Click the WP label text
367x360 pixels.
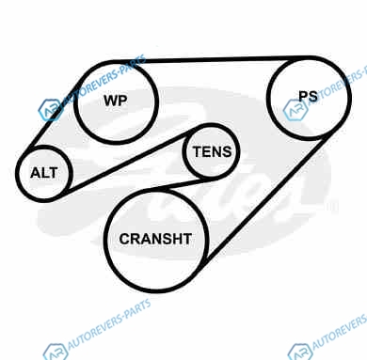116,101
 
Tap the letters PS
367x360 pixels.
308,96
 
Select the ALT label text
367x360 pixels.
44,173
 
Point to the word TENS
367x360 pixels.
213,151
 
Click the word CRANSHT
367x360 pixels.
155,239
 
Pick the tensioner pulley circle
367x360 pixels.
183,151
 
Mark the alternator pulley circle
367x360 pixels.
17,173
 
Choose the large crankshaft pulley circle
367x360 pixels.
104,240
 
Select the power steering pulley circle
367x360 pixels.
267,98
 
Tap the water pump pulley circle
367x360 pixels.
75,102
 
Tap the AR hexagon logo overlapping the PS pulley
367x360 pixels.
295,110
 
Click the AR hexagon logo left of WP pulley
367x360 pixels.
50,109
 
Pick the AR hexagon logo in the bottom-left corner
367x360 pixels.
56,352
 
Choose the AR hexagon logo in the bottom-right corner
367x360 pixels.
300,352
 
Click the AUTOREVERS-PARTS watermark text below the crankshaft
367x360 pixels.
109,322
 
